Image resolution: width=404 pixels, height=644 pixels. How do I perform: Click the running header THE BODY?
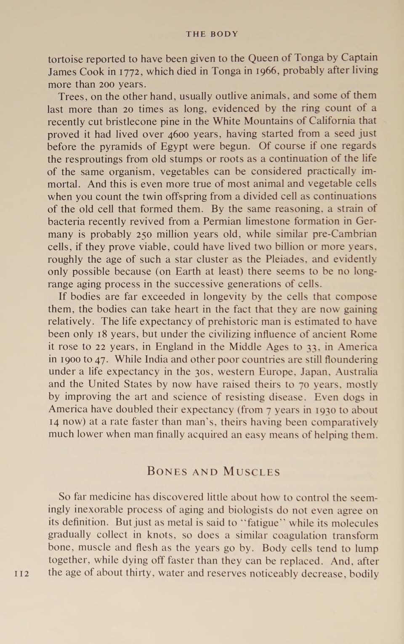212,34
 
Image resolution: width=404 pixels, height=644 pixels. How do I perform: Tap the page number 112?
22,574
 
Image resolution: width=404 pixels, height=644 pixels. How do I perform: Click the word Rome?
364,334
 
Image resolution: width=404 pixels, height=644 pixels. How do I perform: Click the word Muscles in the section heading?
252,472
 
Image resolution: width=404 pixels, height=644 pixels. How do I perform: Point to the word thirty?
132,573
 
